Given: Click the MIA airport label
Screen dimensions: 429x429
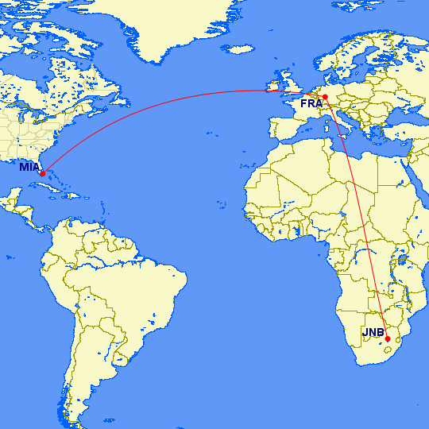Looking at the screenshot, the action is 29,167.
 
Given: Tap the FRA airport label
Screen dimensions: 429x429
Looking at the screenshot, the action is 311,103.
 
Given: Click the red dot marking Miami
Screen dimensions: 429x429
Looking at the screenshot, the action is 42,173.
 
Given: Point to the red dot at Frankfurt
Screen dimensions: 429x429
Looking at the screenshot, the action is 325,97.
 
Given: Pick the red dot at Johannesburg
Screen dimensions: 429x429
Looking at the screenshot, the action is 387,339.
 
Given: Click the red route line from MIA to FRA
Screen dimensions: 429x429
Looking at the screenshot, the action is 159,101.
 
